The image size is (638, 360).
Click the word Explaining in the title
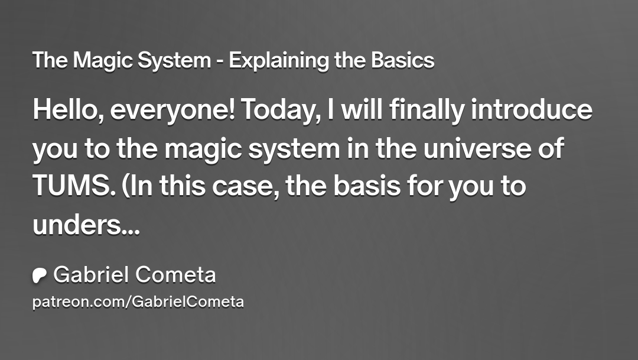click(x=279, y=61)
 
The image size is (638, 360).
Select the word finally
click(x=427, y=111)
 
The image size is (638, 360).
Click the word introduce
click(x=532, y=109)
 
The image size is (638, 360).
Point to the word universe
click(x=477, y=148)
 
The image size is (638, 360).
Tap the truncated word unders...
click(x=86, y=225)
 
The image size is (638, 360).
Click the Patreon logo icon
click(x=40, y=275)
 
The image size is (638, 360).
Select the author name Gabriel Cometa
click(x=135, y=274)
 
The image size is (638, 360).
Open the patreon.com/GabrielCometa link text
click(x=138, y=302)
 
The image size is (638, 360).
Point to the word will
click(x=362, y=109)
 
